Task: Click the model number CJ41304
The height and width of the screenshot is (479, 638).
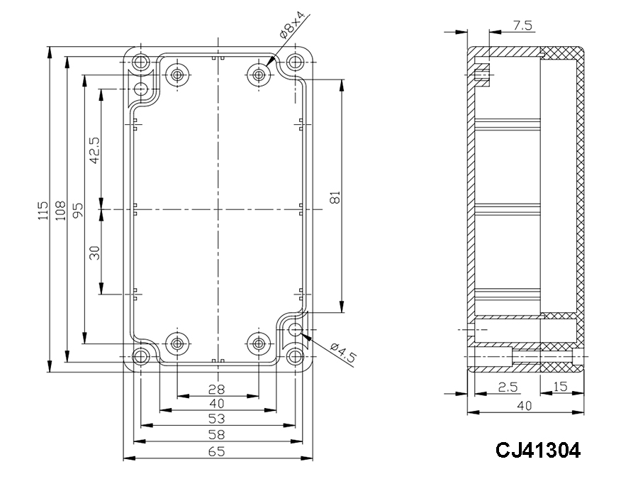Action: pos(538,449)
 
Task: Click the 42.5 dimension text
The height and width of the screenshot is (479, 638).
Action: pos(94,150)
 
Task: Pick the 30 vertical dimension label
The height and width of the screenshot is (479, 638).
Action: pos(94,252)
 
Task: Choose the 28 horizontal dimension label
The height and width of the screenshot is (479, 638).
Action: pos(217,389)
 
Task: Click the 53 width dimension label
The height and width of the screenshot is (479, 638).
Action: pos(217,419)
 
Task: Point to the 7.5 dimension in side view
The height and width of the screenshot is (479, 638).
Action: pos(522,26)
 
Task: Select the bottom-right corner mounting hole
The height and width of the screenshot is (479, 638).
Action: pos(295,355)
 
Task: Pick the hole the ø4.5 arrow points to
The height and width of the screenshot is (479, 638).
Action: pos(295,329)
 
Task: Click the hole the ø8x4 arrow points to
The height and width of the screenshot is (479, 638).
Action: pos(261,73)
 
